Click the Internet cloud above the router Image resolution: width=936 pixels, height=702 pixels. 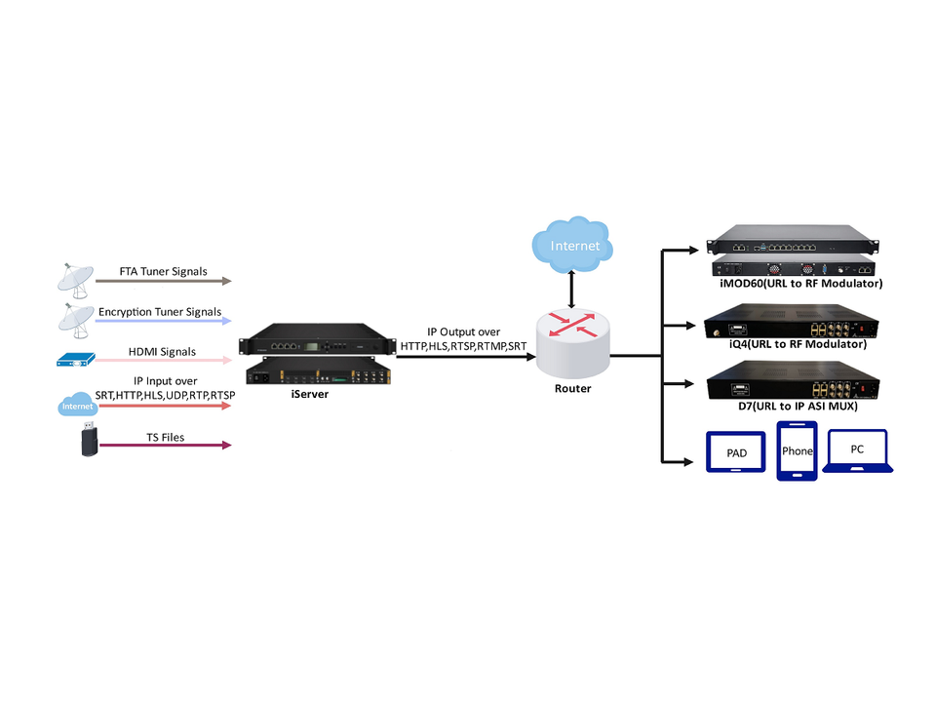coord(574,245)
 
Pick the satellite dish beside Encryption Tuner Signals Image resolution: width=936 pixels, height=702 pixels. coord(74,319)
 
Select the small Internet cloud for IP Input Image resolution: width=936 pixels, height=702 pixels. coord(77,405)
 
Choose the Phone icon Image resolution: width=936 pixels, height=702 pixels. coord(797,451)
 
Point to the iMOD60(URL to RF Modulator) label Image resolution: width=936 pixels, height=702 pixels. coord(795,284)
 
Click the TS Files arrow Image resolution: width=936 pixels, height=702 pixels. coord(165,446)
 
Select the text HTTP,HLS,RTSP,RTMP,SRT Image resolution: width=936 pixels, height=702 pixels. coord(464,346)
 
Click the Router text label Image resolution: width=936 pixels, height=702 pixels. coord(572,388)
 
